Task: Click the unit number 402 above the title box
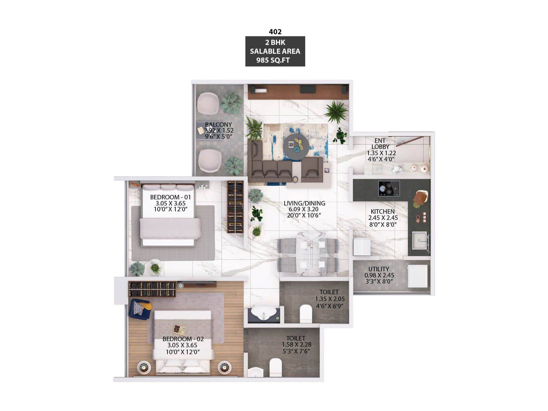(x=275, y=32)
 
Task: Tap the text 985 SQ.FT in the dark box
(x=273, y=60)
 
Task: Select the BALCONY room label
(x=218, y=124)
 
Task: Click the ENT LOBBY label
(x=380, y=144)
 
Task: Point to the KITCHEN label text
(x=383, y=211)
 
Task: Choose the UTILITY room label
(x=378, y=269)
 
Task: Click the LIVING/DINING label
(x=304, y=203)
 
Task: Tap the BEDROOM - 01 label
(x=170, y=197)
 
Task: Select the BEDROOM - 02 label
(x=183, y=339)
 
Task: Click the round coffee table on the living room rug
(x=296, y=147)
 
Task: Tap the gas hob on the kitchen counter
(x=389, y=188)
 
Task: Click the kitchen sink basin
(x=420, y=240)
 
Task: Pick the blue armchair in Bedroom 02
(x=140, y=309)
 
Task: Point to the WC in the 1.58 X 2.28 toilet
(x=275, y=367)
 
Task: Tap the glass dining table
(x=311, y=254)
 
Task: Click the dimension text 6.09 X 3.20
(x=303, y=209)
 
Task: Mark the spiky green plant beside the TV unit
(x=336, y=112)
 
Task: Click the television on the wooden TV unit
(x=308, y=89)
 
